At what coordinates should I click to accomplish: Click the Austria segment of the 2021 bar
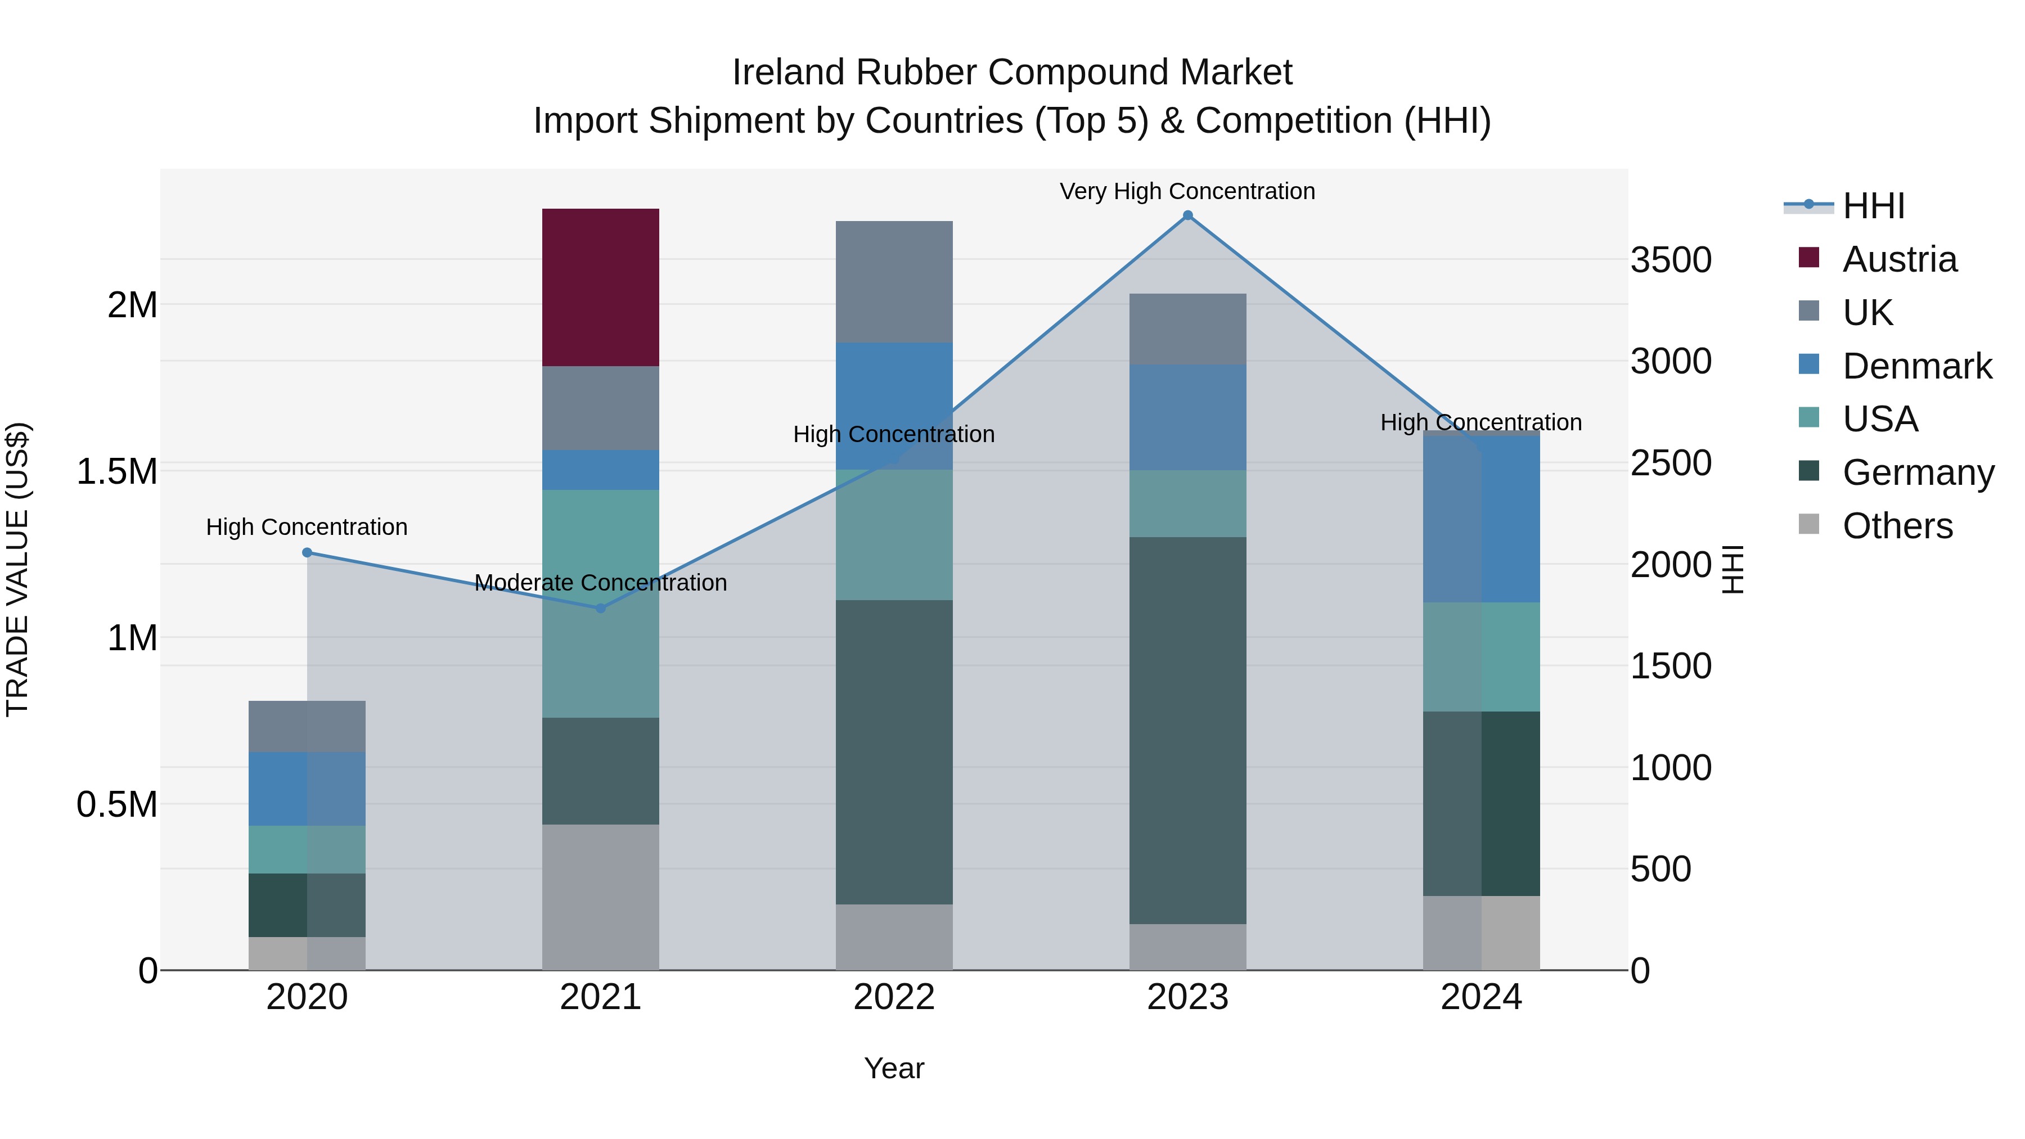click(x=601, y=287)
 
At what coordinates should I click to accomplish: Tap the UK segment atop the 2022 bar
click(x=894, y=281)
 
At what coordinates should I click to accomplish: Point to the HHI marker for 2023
click(x=1188, y=215)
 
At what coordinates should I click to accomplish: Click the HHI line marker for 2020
click(x=307, y=552)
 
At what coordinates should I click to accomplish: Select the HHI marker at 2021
click(x=601, y=607)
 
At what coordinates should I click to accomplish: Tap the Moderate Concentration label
click(x=601, y=583)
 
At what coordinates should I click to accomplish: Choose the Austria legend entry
click(x=1898, y=259)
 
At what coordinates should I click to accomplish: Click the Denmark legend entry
click(x=1916, y=366)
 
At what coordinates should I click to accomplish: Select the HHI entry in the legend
click(x=1873, y=206)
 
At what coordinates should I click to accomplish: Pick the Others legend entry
click(x=1897, y=526)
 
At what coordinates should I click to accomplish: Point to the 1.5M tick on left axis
click(x=117, y=472)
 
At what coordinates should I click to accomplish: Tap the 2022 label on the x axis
click(x=894, y=997)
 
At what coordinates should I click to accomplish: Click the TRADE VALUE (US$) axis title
click(x=17, y=569)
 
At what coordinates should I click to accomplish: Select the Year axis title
click(x=894, y=1068)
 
